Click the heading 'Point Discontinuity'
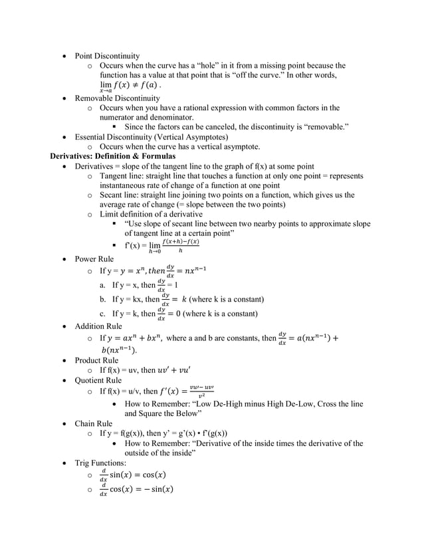click(x=107, y=56)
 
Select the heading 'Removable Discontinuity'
click(x=117, y=98)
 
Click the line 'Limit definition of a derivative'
click(x=151, y=215)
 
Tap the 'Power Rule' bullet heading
click(x=94, y=259)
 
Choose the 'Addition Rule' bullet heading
click(x=98, y=326)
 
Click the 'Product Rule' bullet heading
click(x=97, y=360)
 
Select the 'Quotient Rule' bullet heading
click(x=98, y=380)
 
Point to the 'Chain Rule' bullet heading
click(x=94, y=423)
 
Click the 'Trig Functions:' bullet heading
click(x=100, y=463)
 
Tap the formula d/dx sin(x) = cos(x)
click(x=132, y=475)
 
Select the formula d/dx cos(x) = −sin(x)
click(x=136, y=490)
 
